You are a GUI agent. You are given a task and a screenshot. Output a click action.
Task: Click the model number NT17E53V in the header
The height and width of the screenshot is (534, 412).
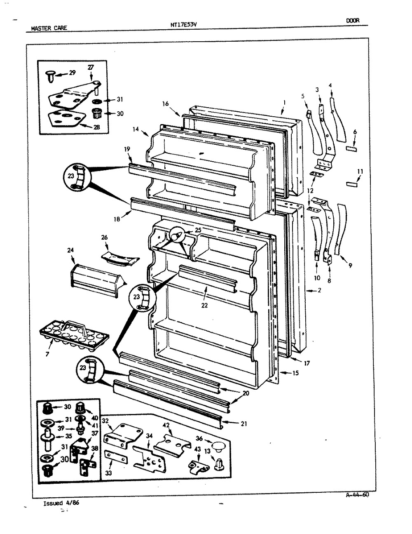point(184,24)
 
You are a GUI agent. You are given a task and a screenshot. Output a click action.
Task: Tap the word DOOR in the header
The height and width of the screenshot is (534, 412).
point(353,21)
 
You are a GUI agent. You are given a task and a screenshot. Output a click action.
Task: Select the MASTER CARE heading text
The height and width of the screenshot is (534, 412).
point(49,28)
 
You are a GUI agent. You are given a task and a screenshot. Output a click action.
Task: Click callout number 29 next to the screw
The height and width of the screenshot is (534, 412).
point(72,73)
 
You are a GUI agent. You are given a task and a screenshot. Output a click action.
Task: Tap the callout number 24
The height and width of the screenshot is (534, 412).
point(70,250)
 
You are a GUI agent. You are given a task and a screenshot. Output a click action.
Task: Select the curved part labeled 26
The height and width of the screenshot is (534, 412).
point(120,258)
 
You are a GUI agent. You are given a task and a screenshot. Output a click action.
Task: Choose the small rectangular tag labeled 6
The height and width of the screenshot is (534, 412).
point(351,149)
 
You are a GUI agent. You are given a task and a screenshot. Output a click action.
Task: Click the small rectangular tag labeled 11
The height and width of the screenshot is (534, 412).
point(351,184)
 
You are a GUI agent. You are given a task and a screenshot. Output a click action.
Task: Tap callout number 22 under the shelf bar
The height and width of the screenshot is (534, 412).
point(204,305)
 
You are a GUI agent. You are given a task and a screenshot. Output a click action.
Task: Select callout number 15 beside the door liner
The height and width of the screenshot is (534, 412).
point(295,373)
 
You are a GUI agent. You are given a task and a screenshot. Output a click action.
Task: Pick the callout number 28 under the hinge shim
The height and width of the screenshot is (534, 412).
point(96,127)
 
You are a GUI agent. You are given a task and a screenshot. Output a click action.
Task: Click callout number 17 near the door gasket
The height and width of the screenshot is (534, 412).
point(307,363)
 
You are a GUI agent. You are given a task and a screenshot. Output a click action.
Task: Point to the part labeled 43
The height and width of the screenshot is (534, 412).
point(199,465)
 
